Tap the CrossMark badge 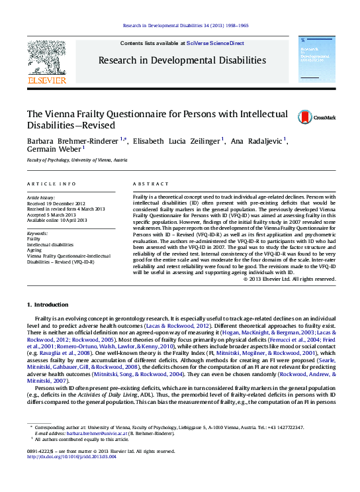pyautogui.click(x=317, y=117)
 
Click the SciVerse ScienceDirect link pyautogui.click(x=214, y=43)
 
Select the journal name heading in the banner pyautogui.click(x=182, y=60)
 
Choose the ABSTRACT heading pyautogui.click(x=148, y=183)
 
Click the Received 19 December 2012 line pyautogui.click(x=56, y=203)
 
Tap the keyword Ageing pyautogui.click(x=35, y=250)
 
